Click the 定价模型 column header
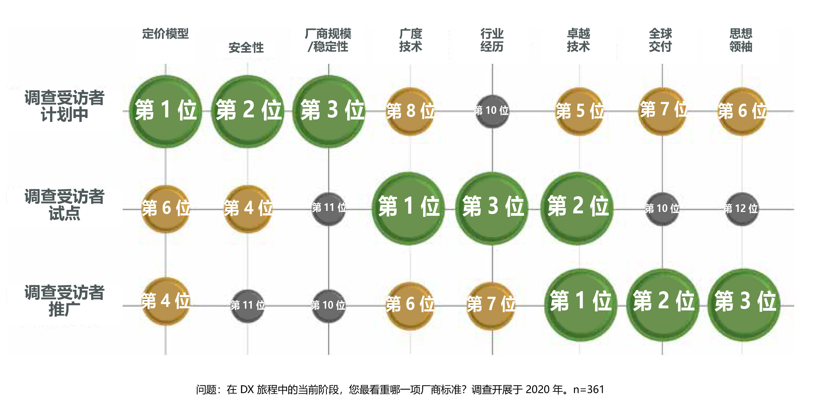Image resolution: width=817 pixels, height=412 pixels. [x=165, y=34]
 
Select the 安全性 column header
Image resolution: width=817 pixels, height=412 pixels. [x=246, y=48]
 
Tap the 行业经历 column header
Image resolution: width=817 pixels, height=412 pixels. [x=492, y=40]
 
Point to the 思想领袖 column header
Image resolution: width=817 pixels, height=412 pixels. [x=741, y=40]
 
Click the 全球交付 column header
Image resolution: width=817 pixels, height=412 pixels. [x=660, y=40]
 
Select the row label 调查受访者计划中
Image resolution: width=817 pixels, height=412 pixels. [x=64, y=106]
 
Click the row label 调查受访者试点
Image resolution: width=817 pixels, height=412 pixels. [x=64, y=205]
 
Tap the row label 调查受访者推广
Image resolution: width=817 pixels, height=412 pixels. [x=64, y=301]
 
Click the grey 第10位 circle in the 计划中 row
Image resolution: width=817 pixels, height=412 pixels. [x=492, y=111]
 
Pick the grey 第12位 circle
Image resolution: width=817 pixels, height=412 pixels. [x=741, y=209]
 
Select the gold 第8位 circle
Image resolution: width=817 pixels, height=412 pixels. [x=410, y=111]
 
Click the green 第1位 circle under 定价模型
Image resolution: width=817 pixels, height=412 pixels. [x=166, y=111]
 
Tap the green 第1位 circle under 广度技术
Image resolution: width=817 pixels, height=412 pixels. [x=408, y=208]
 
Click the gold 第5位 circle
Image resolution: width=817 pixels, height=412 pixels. [x=580, y=111]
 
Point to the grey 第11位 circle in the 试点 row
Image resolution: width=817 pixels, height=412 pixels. [x=328, y=208]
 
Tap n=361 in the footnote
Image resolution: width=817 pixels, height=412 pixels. [x=589, y=390]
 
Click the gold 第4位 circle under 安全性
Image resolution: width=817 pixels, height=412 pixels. [x=248, y=209]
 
